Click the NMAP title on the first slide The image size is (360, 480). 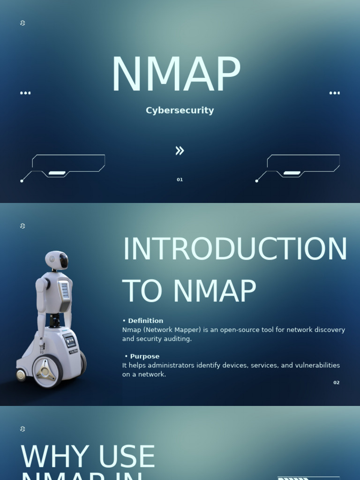click(x=176, y=75)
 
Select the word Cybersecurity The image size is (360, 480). click(x=180, y=111)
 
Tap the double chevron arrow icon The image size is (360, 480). click(x=180, y=150)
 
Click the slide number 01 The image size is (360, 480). click(x=180, y=180)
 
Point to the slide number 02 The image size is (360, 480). click(x=336, y=382)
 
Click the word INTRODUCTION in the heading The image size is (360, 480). click(x=234, y=249)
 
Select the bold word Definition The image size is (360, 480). click(x=145, y=321)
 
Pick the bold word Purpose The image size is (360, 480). click(x=144, y=356)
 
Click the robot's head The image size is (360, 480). click(x=57, y=261)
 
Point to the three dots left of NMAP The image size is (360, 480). click(x=25, y=93)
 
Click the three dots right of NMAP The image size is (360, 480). click(x=334, y=93)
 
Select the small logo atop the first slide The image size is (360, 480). click(x=22, y=23)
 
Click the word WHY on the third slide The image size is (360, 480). click(x=44, y=457)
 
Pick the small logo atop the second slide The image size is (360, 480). click(x=22, y=226)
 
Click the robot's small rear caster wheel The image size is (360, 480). click(x=21, y=375)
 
